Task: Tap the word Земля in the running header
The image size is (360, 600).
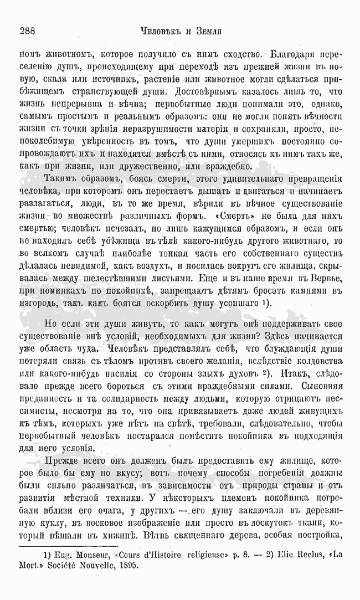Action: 207,31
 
